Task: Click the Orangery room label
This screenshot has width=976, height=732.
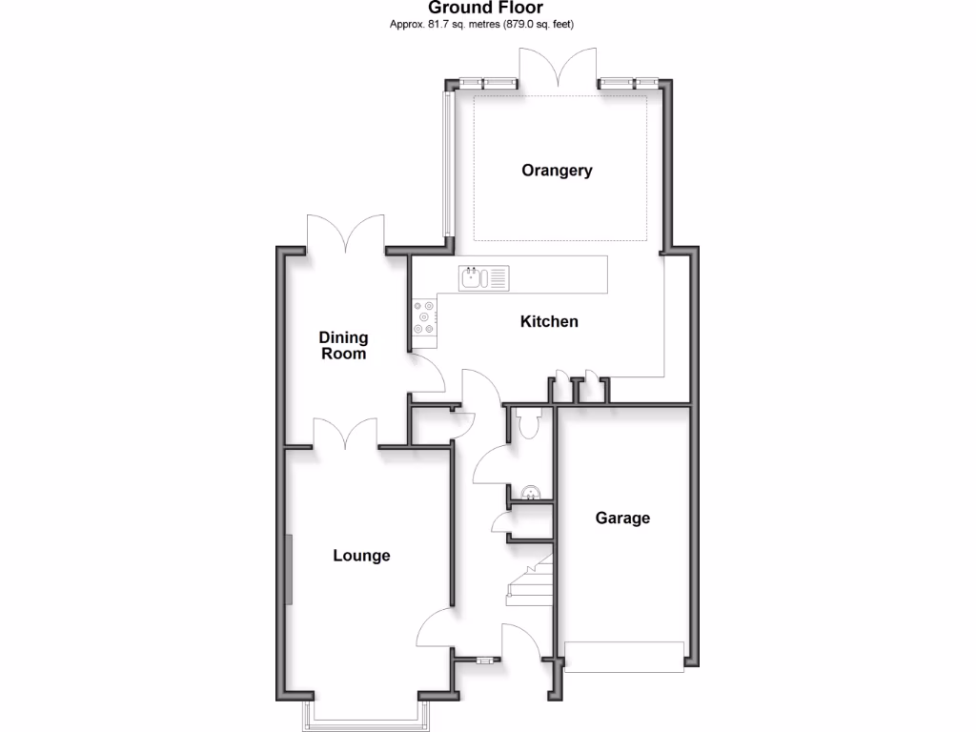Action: [x=557, y=171]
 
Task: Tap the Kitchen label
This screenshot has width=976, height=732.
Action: [x=549, y=321]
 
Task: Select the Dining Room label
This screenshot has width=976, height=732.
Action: [x=343, y=345]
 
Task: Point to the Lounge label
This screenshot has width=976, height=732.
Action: [x=361, y=555]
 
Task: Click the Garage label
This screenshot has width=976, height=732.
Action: [x=622, y=518]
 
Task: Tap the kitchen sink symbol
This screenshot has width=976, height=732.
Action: [x=484, y=277]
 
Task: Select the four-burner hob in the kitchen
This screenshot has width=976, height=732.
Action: [x=424, y=317]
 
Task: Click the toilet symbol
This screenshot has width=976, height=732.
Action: [x=525, y=420]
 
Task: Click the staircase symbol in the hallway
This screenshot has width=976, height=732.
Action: [x=530, y=581]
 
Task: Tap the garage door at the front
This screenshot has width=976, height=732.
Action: [x=624, y=658]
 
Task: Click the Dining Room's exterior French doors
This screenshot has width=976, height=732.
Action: [x=344, y=234]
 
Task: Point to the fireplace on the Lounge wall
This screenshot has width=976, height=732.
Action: [x=289, y=568]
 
